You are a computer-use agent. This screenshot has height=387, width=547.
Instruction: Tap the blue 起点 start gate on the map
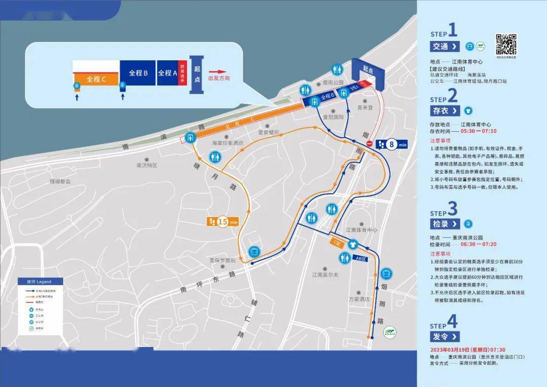pos(371,73)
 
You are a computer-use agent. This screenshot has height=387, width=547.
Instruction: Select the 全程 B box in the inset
pos(138,73)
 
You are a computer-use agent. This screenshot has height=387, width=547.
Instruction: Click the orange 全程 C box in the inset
pos(96,79)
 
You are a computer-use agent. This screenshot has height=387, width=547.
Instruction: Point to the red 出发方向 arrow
pos(217,72)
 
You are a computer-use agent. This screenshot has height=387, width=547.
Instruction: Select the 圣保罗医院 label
pos(223,260)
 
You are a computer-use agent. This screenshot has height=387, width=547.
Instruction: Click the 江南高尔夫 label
pos(325,275)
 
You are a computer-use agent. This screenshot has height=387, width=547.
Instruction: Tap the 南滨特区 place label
pos(147,165)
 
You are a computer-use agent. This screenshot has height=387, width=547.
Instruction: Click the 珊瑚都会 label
pos(60,181)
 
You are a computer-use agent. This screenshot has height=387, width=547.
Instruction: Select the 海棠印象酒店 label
pos(227,143)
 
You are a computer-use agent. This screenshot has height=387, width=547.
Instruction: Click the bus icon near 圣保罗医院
pos(254,251)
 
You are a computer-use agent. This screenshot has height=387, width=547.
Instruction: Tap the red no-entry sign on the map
pos(370,144)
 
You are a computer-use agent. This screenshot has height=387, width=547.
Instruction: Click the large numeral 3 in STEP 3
pos(452,208)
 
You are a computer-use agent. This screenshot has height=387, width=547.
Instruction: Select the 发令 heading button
pos(445,336)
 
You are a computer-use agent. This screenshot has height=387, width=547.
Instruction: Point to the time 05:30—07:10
pos(479,131)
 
